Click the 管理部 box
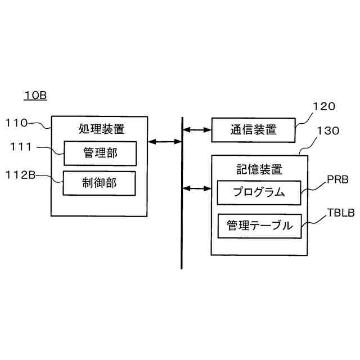100,153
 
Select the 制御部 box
100,183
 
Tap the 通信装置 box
253,130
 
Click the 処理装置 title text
102,129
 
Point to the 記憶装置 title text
259,169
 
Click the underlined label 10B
35,96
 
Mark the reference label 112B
20,175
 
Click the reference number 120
323,106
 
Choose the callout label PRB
337,181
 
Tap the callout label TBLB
340,214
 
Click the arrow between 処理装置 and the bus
164,142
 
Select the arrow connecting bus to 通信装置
196,130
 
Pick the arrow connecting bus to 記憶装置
196,187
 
